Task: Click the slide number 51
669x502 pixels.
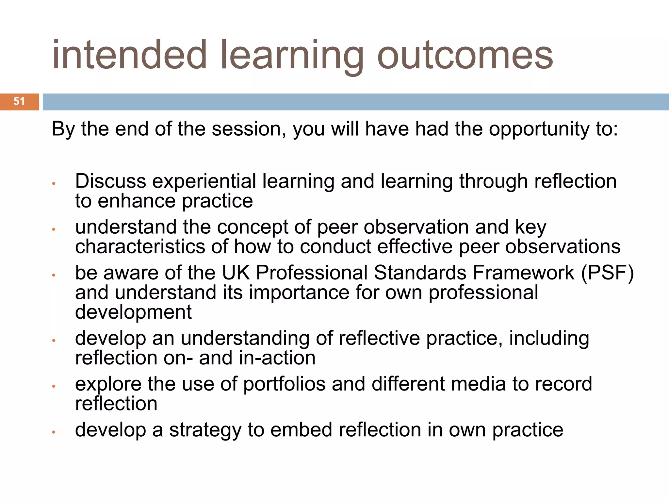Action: [19, 101]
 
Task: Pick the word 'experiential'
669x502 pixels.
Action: [204, 182]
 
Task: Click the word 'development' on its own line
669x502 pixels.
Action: [133, 313]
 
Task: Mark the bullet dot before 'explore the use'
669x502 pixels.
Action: [54, 386]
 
